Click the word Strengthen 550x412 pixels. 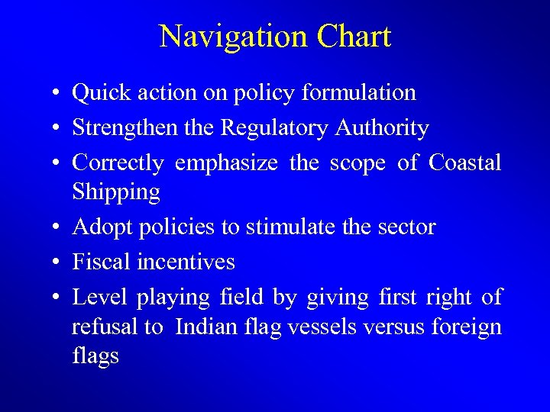tap(125, 128)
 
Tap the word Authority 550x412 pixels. tap(382, 128)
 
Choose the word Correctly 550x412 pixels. tap(118, 163)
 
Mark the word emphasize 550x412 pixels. tap(226, 163)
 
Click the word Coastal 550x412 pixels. tap(465, 163)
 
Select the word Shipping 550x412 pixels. tap(116, 192)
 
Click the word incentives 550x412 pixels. tap(186, 262)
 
